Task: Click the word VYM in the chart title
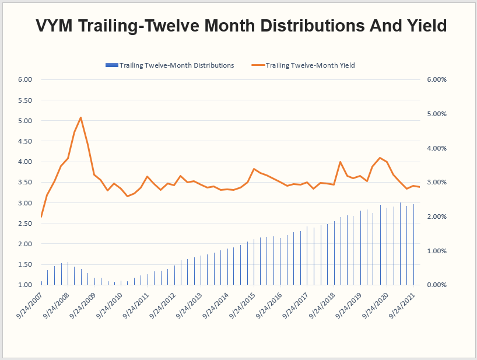click(61, 26)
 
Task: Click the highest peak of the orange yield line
click(80, 117)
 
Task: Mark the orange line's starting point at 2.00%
click(41, 216)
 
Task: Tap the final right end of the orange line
click(420, 187)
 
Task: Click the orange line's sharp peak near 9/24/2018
click(340, 162)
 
